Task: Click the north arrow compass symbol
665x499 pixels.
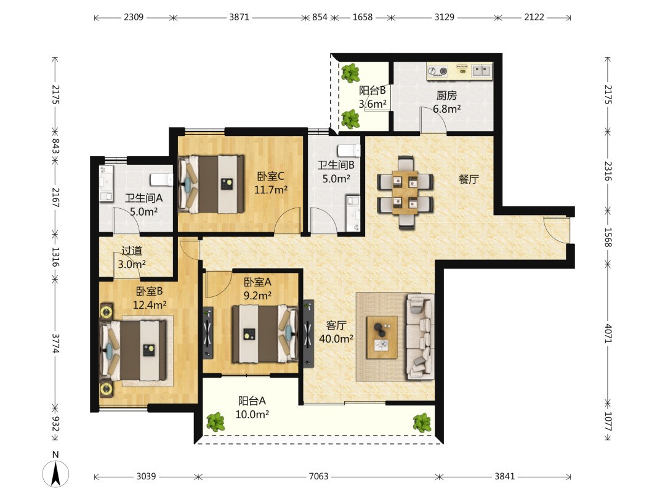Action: point(55,473)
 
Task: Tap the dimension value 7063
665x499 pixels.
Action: point(318,476)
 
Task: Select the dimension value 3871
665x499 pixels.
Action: point(239,17)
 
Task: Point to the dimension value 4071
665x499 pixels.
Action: point(608,333)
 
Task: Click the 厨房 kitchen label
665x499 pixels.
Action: point(446,95)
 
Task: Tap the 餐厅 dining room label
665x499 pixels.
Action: point(468,179)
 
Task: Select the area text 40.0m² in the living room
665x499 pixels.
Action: point(336,339)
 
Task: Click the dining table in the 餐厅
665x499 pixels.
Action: point(405,192)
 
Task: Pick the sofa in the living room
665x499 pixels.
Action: point(421,336)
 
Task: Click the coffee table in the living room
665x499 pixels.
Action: point(382,338)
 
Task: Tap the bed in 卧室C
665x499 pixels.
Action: point(211,184)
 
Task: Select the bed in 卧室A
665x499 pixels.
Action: point(265,334)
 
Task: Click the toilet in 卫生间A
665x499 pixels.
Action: point(162,179)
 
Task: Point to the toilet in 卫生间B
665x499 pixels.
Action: point(349,151)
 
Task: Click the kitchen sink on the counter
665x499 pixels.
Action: point(482,70)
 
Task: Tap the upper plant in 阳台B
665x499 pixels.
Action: point(350,73)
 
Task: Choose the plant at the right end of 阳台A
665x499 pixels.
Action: point(422,423)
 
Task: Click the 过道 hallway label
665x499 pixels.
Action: point(132,251)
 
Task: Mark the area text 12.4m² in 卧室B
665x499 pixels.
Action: point(149,305)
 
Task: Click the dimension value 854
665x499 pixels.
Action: point(320,17)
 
